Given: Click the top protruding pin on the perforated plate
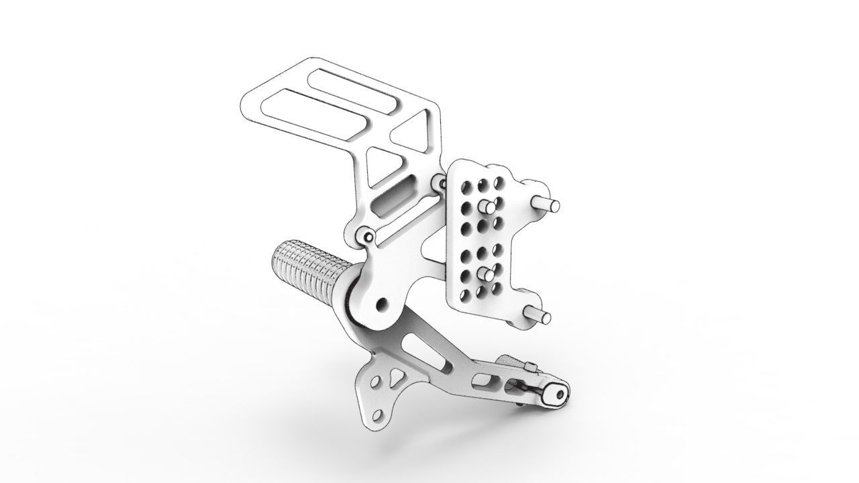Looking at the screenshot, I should [x=545, y=204].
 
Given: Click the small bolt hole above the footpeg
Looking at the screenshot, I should [x=366, y=235].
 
